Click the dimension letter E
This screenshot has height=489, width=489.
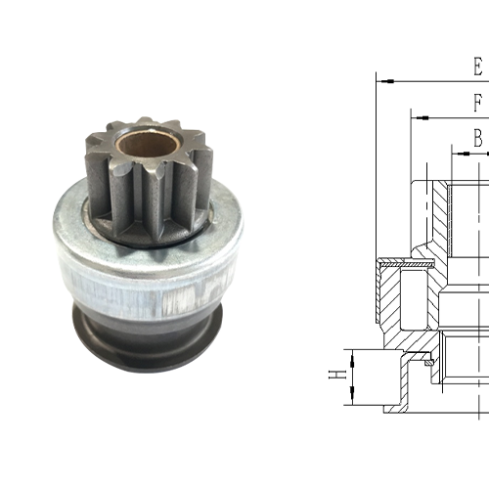click(477, 67)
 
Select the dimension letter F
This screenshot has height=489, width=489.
click(477, 103)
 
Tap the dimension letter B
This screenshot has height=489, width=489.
click(477, 138)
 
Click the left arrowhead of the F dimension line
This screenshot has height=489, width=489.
click(418, 117)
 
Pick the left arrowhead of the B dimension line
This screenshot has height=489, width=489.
click(455, 153)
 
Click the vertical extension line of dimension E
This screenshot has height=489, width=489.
click(377, 166)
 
